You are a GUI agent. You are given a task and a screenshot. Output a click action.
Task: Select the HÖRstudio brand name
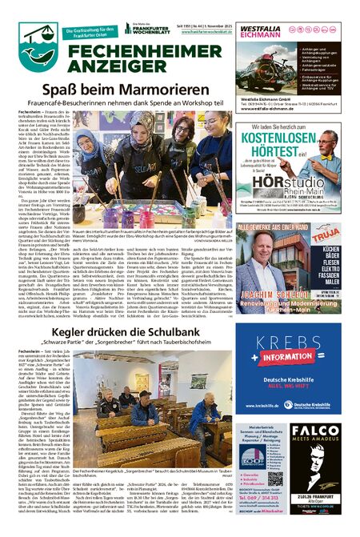click(271, 175)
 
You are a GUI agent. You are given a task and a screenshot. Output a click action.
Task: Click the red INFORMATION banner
click(283, 358)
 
